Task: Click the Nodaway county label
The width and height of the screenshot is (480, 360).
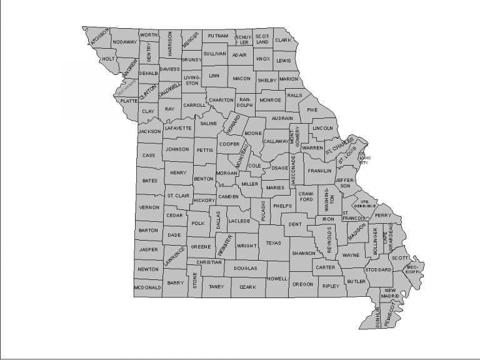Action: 125,42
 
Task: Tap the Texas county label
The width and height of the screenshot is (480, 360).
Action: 274,243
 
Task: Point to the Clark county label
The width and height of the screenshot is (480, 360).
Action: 283,40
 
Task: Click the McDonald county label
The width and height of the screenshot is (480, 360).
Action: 147,287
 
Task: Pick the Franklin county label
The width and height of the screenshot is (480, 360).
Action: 319,171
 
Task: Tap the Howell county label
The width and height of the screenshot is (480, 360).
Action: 277,278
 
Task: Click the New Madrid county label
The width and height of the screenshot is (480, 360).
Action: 391,295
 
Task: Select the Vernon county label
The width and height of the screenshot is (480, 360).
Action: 149,207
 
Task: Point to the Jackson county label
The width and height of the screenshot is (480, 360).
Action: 149,132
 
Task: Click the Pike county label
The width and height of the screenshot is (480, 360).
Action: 312,110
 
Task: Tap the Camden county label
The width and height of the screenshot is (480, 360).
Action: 229,196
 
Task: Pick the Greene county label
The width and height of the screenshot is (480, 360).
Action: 201,247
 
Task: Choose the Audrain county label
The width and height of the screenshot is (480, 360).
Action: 283,117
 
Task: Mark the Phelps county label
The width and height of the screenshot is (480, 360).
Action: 282,206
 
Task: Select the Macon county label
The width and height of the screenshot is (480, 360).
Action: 241,79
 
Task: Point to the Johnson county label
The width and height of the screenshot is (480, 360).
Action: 177,149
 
